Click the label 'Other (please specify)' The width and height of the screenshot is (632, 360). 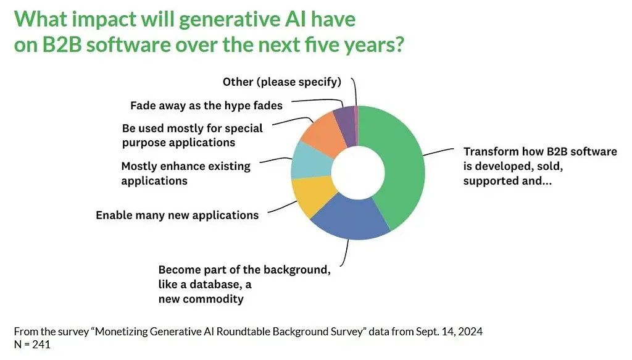(x=281, y=82)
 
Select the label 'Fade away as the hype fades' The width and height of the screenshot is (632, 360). (x=206, y=105)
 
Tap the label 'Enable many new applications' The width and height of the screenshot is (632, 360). (x=177, y=216)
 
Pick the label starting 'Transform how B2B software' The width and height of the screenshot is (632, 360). (x=540, y=166)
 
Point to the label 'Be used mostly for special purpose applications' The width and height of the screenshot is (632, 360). (x=192, y=135)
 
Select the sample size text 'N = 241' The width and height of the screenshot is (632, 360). (x=31, y=345)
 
